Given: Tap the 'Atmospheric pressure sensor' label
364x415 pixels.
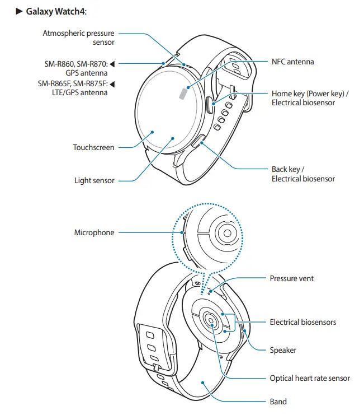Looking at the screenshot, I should pos(78,38).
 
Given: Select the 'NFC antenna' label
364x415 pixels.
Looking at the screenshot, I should pos(292,62).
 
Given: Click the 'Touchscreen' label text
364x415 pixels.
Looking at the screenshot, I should pos(93,148).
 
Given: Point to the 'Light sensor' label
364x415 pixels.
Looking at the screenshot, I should pos(94,180).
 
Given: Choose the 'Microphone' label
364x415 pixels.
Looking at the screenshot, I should pos(94,232).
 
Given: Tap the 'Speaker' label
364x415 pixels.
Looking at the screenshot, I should pos(283,350).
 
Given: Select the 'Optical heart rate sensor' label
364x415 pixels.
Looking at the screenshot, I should pos(310,378).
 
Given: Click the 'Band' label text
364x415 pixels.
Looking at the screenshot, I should pos(278,401).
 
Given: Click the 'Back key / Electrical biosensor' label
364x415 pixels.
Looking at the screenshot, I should pos(303,174).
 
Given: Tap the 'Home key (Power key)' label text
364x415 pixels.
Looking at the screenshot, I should pos(310,94).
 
